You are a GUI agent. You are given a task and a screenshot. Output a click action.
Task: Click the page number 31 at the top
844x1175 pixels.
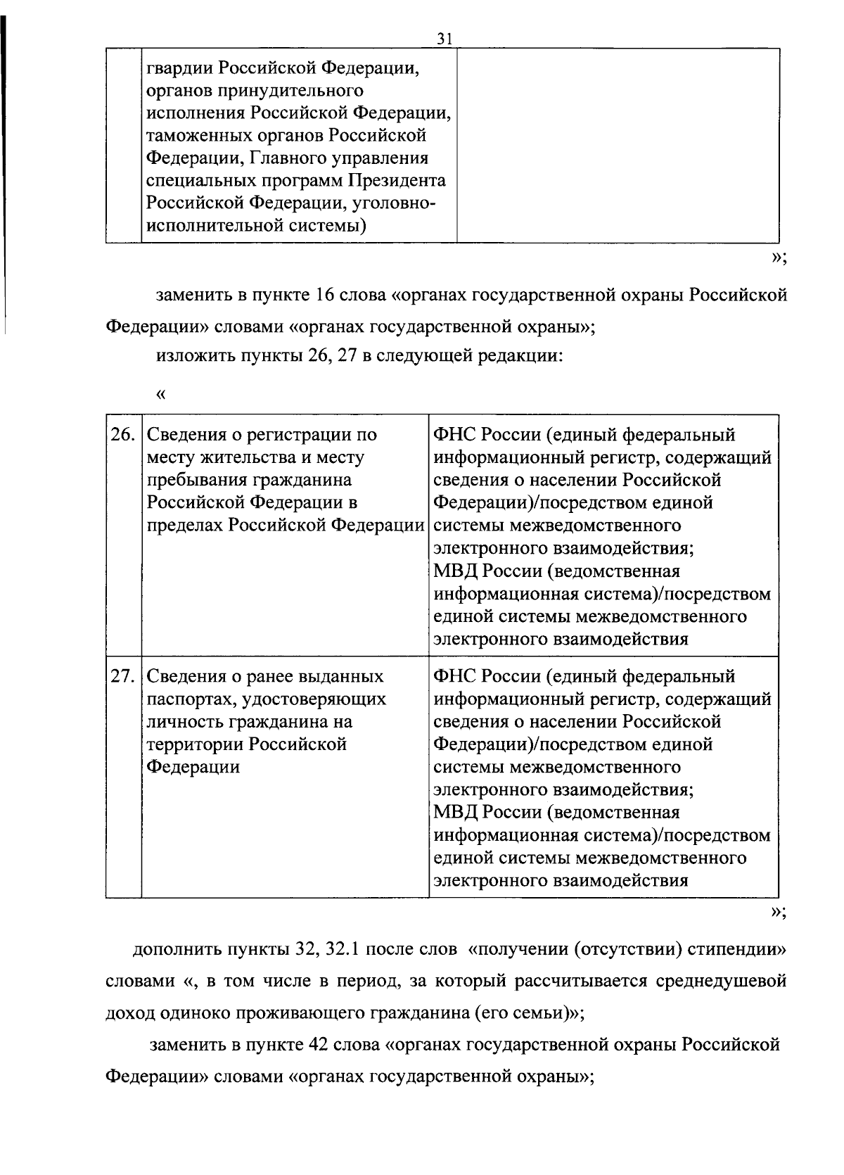(443, 39)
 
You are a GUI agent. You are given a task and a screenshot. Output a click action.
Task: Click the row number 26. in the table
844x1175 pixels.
(122, 434)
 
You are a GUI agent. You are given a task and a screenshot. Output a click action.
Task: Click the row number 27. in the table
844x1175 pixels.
(122, 676)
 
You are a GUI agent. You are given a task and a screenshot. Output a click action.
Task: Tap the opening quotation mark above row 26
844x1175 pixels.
(160, 394)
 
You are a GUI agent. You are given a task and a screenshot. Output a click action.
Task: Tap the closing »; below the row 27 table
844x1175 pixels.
(777, 913)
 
